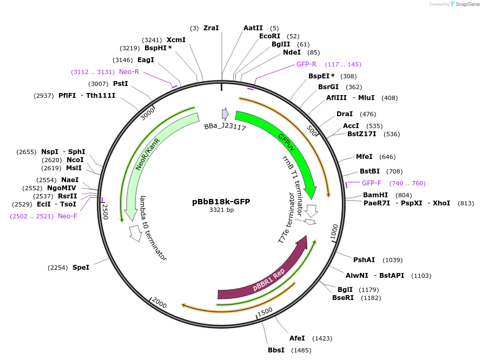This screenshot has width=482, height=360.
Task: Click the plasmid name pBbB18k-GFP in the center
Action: click(x=221, y=202)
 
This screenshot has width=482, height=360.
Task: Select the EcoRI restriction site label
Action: click(x=269, y=36)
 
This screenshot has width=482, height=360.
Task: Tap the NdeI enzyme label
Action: click(x=292, y=52)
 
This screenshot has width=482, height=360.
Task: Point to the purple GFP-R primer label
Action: click(x=306, y=64)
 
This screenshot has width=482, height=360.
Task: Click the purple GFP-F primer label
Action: click(x=372, y=183)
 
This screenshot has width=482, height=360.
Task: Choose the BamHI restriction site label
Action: click(x=375, y=195)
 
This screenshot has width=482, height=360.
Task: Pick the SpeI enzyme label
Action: click(x=81, y=268)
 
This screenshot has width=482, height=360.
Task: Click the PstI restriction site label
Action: click(x=120, y=84)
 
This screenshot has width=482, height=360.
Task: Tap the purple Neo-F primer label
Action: click(x=68, y=216)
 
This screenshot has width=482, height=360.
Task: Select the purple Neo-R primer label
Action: click(x=129, y=72)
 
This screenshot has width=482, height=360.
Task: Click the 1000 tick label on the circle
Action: click(x=334, y=231)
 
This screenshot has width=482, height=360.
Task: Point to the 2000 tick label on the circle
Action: click(x=159, y=303)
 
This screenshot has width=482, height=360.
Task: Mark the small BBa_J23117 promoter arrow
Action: click(x=225, y=114)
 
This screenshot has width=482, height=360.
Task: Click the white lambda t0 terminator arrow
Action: click(x=135, y=233)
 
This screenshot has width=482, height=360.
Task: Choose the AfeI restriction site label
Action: click(x=297, y=338)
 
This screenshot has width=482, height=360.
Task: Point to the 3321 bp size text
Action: click(x=221, y=210)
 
